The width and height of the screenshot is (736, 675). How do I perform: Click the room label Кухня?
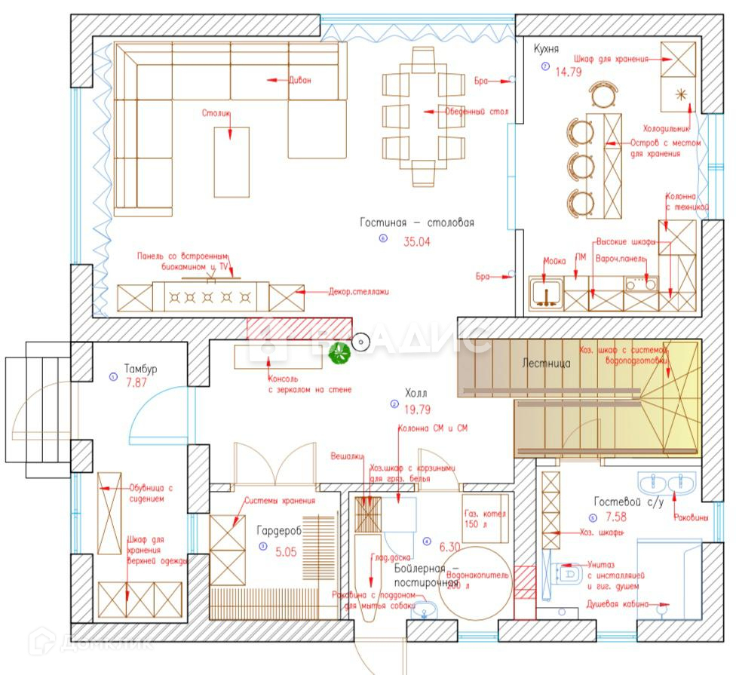pyautogui.click(x=546, y=49)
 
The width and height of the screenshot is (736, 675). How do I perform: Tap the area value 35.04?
pyautogui.click(x=417, y=242)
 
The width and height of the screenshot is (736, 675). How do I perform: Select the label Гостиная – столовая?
pyautogui.click(x=416, y=222)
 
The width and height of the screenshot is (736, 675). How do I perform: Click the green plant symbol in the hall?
pyautogui.click(x=339, y=351)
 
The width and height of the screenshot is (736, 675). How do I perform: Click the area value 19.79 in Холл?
pyautogui.click(x=416, y=410)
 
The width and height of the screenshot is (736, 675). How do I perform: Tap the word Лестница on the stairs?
pyautogui.click(x=546, y=363)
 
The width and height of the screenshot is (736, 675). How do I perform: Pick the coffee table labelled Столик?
pyautogui.click(x=232, y=162)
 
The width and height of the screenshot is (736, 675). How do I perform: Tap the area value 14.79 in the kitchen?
pyautogui.click(x=567, y=72)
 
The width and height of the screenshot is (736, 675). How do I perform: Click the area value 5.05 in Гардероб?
pyautogui.click(x=285, y=551)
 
